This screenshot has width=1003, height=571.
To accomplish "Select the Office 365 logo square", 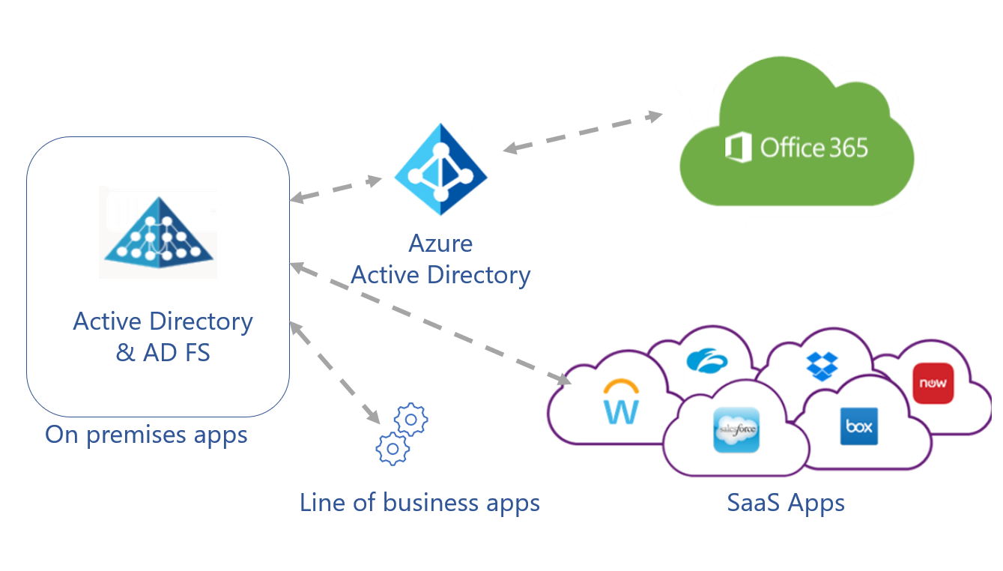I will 738,147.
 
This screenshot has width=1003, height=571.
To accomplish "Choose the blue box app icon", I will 858,426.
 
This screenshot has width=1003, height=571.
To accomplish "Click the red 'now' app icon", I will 933,383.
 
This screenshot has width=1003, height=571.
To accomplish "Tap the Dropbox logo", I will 822,365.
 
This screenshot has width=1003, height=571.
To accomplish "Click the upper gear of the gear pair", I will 410,420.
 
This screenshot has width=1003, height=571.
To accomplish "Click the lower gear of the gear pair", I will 393,448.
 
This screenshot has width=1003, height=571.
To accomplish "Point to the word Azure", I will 440,244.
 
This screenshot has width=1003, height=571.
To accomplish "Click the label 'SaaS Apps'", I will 786,502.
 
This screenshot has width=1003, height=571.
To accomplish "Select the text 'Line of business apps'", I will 419,502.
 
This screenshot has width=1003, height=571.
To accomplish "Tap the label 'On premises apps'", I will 146,435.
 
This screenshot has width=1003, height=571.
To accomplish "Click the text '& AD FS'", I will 163,352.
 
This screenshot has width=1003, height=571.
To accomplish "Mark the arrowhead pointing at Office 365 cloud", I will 655,116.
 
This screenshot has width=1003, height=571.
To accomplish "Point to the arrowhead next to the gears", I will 372,414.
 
